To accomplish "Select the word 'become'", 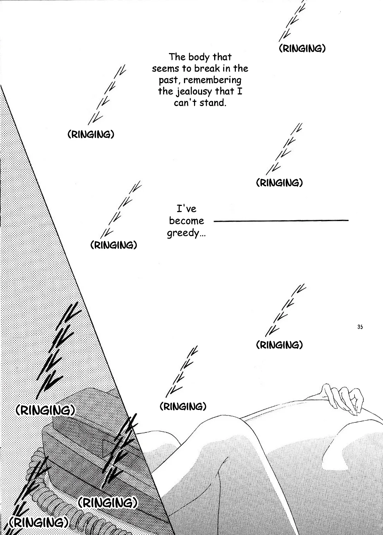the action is (x=187, y=221).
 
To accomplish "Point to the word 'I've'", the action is (x=186, y=209).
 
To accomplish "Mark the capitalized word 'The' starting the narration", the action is (x=177, y=57).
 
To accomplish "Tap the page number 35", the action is (x=360, y=327).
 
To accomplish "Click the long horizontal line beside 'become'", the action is (x=281, y=221).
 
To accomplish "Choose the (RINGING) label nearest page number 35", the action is (x=279, y=345).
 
